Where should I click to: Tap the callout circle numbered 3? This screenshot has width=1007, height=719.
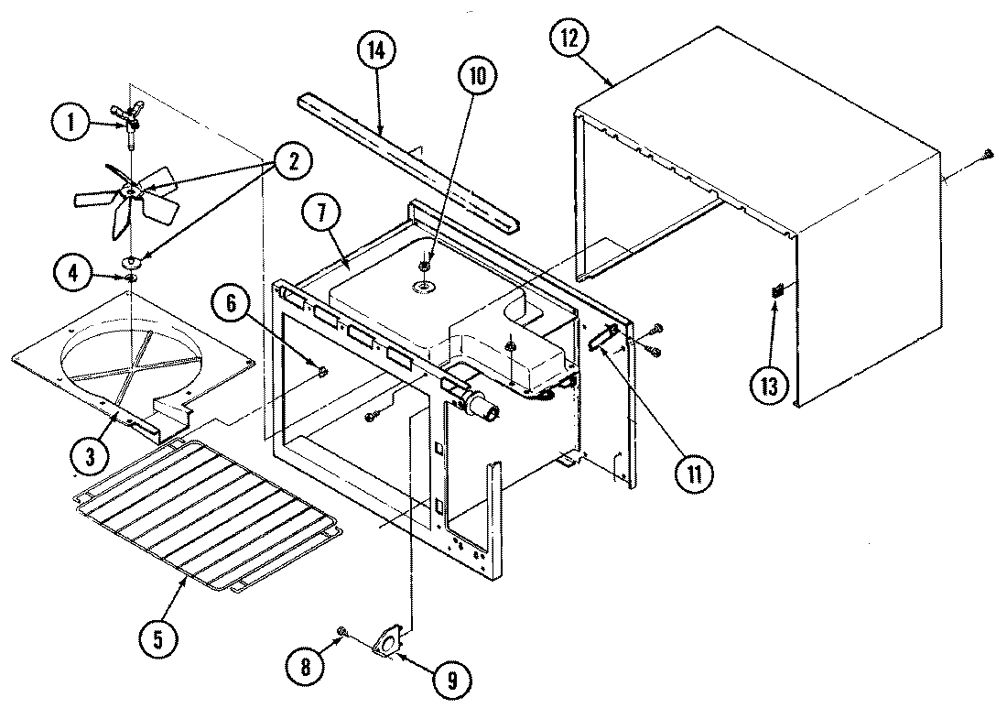[x=89, y=455]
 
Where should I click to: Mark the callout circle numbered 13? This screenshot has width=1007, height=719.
[x=769, y=385]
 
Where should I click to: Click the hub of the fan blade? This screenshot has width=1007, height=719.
[x=131, y=191]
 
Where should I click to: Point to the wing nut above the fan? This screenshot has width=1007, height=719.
[x=132, y=115]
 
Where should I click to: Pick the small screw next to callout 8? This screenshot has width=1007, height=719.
[x=341, y=631]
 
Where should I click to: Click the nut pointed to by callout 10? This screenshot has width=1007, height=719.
[x=425, y=267]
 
